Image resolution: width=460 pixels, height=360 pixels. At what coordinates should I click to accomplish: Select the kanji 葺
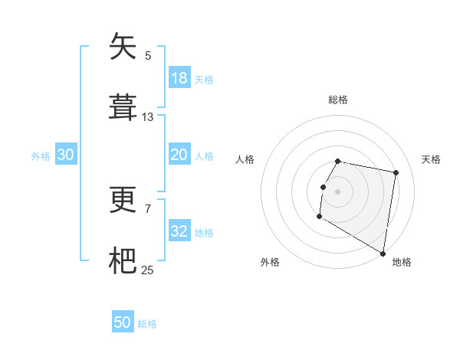coord(123,107)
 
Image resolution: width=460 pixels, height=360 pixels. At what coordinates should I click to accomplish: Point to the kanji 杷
coord(123,260)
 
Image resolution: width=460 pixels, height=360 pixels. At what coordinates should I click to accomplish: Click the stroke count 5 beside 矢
coord(148,55)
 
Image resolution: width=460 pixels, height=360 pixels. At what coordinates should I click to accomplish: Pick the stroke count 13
coord(148,117)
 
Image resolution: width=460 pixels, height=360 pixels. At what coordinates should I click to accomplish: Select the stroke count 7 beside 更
coord(148,208)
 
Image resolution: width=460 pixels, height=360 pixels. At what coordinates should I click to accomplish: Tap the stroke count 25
coord(148,270)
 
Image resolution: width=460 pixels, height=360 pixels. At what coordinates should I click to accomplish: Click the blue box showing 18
coord(179,78)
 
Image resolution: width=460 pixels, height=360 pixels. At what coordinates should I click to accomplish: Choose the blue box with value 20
coord(179,155)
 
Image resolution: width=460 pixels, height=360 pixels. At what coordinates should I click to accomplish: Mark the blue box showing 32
coord(179,231)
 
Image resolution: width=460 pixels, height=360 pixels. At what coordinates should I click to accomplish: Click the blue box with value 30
coord(66,155)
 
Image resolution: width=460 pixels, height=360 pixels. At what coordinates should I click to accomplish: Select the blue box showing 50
coord(123,322)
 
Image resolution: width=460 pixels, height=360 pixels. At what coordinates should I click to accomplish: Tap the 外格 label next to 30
coord(41,155)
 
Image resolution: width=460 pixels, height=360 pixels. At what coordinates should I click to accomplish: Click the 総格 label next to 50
coord(147,323)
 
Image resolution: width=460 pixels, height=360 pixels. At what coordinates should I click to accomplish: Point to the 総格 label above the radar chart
coord(338,100)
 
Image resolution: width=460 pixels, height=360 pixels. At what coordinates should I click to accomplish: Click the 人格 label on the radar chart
coord(245,159)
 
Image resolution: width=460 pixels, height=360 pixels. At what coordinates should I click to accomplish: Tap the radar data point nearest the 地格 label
coord(383,254)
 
